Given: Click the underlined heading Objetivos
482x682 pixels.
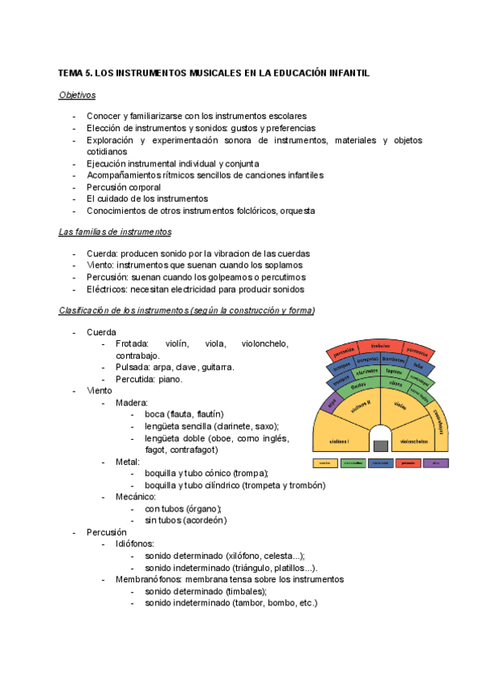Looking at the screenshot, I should click(x=77, y=95).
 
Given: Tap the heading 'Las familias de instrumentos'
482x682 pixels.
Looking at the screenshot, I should click(x=115, y=232).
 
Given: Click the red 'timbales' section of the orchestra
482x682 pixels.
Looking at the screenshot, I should click(x=380, y=345).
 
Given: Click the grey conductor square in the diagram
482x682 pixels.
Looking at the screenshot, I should click(x=380, y=446).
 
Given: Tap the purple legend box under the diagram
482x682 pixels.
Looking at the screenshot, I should click(x=436, y=463).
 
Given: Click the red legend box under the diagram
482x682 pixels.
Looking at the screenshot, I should click(x=408, y=463).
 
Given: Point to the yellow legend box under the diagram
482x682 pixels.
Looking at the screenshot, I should click(x=325, y=463).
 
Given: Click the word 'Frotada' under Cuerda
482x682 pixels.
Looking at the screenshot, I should click(x=132, y=343).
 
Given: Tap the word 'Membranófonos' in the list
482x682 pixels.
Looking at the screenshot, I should click(x=149, y=579).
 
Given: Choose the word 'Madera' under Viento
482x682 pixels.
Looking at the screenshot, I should click(x=131, y=402).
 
